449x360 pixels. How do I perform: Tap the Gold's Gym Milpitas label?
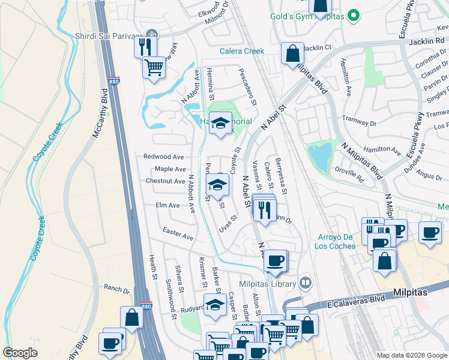pos(307,16)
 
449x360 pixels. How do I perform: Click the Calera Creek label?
pos(242,52)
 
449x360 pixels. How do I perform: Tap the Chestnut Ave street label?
pos(165,181)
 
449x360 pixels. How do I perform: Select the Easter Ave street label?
pos(178,234)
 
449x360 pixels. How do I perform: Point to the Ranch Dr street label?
pos(116,289)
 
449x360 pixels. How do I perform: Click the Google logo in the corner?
pos(20,353)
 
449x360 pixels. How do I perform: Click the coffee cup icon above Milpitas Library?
pos(276,260)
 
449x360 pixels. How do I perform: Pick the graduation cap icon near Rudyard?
pos(215,305)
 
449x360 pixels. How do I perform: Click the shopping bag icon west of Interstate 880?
pos(132,317)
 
